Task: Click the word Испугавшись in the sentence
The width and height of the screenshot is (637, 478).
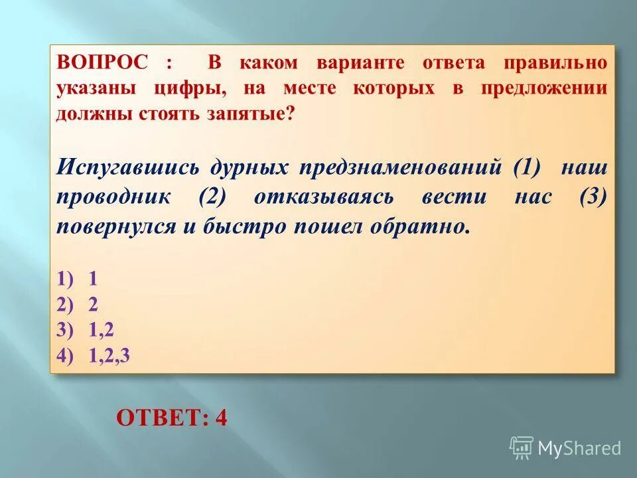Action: pyautogui.click(x=127, y=167)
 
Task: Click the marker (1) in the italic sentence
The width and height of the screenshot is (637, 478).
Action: pyautogui.click(x=526, y=167)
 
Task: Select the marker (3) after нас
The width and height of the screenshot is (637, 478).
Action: pyautogui.click(x=593, y=197)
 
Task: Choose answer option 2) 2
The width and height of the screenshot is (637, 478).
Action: pyautogui.click(x=77, y=303)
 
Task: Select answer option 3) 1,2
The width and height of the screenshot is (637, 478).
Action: pyautogui.click(x=84, y=329)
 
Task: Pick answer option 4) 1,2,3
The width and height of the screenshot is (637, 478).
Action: pyautogui.click(x=93, y=355)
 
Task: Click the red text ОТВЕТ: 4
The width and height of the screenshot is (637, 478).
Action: pyautogui.click(x=171, y=418)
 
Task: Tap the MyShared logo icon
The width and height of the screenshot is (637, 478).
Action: pyautogui.click(x=522, y=447)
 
